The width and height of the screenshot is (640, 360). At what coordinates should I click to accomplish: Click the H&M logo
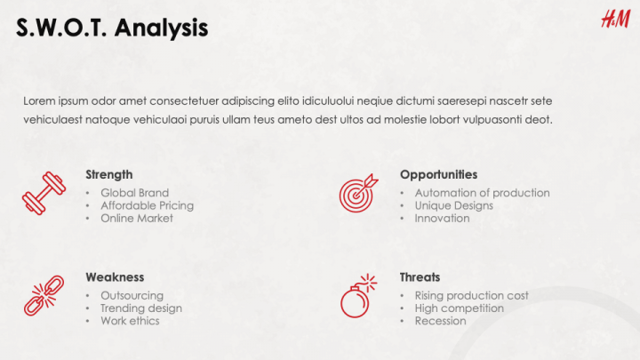pos(615,20)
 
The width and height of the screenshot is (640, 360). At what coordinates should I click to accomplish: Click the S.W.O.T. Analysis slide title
pos(112,28)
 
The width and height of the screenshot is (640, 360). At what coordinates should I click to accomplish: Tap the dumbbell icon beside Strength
pos(44,193)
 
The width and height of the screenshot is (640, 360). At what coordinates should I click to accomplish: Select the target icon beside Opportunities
pos(358,193)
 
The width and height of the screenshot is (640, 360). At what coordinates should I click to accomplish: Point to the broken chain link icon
pos(44,296)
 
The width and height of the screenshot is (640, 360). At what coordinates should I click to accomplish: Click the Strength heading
pos(109,174)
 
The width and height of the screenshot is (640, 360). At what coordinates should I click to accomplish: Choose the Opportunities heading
pos(438,174)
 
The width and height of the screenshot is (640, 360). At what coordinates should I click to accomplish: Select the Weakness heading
pos(115,277)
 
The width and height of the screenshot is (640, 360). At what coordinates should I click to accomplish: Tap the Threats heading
pos(420,277)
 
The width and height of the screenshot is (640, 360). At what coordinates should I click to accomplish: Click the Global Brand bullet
pos(134,193)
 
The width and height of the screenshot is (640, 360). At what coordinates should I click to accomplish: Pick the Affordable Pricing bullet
pos(147,205)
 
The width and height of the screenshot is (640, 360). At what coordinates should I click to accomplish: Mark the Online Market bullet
pos(137,218)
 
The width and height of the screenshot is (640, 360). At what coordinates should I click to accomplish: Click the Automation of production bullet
pos(482,193)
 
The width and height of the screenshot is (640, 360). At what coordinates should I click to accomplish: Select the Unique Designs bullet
pos(453,205)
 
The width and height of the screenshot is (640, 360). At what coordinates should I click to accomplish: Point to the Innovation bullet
pos(442,218)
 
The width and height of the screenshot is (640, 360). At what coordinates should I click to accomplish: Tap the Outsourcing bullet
pos(132,295)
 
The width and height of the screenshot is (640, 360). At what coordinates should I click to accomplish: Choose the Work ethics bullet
pos(130,321)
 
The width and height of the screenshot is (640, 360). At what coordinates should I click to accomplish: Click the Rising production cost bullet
pos(471,295)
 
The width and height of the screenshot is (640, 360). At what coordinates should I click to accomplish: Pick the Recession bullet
pos(440,321)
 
